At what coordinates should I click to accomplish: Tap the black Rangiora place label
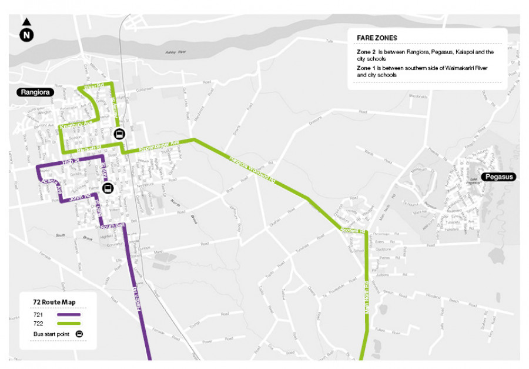pyautogui.click(x=35, y=92)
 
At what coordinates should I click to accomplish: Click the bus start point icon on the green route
pyautogui.click(x=119, y=133)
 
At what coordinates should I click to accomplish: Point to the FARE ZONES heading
pyautogui.click(x=377, y=38)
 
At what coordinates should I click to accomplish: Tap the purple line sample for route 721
pyautogui.click(x=69, y=314)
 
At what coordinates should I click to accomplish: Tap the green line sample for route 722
pyautogui.click(x=69, y=323)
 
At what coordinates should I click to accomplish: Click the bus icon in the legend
pyautogui.click(x=79, y=334)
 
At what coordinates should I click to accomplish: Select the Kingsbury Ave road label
pyautogui.click(x=76, y=125)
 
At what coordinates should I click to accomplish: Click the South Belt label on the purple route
pyautogui.click(x=112, y=226)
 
